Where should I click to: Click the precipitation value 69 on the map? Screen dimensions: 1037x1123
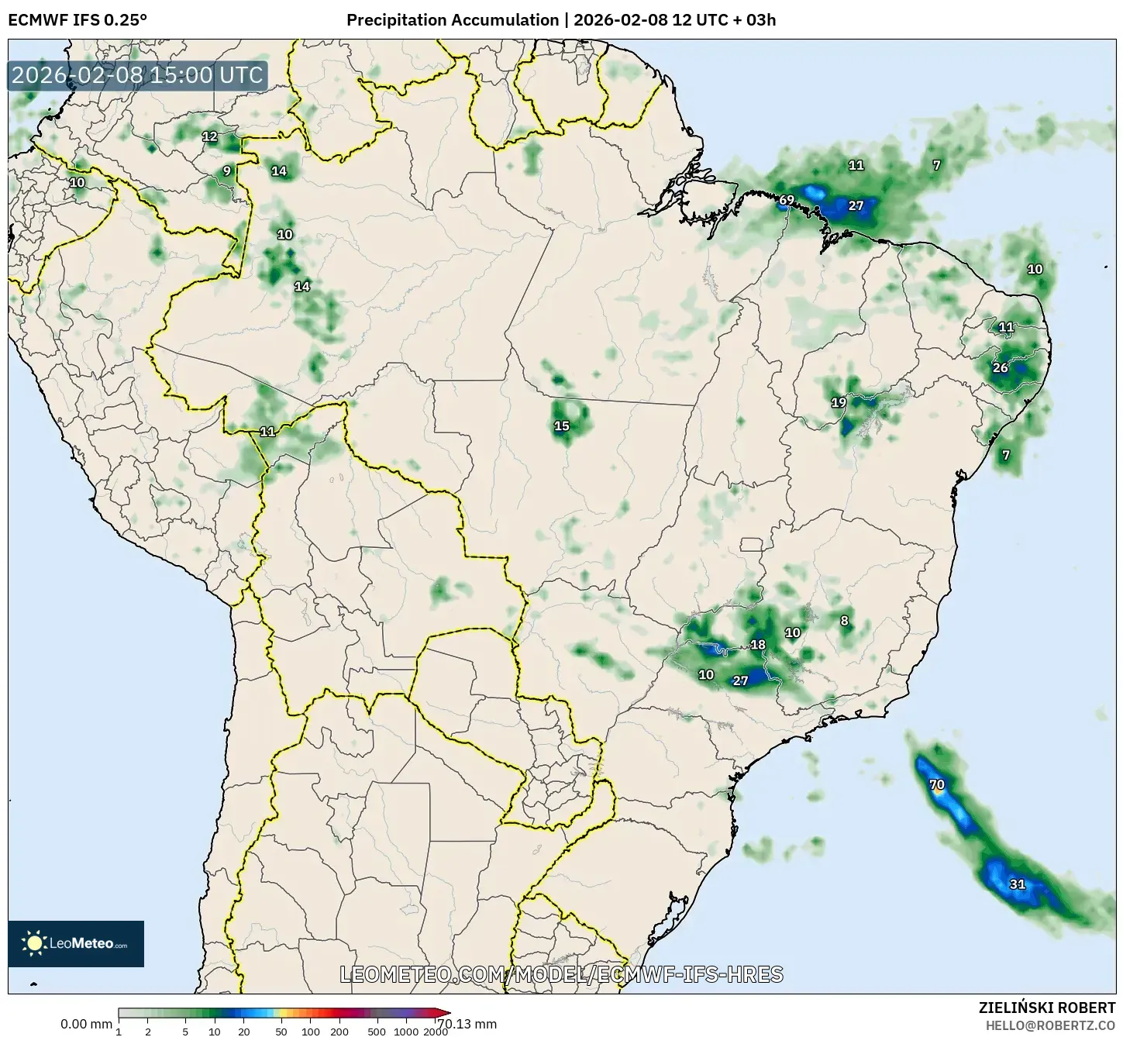786,200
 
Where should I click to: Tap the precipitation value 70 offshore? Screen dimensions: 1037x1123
936,784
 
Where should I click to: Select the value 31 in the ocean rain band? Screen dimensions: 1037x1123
1017,884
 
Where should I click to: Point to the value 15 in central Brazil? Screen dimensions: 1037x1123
561,425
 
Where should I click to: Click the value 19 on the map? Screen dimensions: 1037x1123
839,402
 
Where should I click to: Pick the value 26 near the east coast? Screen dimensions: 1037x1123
1001,367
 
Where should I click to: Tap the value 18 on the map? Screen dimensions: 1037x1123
758,644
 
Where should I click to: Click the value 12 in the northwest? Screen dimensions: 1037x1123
210,136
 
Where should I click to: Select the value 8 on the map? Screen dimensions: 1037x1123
844,620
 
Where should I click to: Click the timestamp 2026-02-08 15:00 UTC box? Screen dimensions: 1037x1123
137,75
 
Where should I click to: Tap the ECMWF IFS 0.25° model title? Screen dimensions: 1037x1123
78,19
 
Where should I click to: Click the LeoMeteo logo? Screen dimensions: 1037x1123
76,943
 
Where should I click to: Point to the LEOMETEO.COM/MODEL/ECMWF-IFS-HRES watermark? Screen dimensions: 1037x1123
561,974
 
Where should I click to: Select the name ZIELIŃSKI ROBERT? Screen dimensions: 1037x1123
1046,1008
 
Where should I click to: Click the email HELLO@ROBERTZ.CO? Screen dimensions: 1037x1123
1050,1025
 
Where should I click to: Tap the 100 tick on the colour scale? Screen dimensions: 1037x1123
310,1031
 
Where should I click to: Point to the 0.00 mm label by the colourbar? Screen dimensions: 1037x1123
86,1024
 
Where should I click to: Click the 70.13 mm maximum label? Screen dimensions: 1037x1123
467,1024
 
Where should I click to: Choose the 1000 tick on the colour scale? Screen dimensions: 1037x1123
405,1031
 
